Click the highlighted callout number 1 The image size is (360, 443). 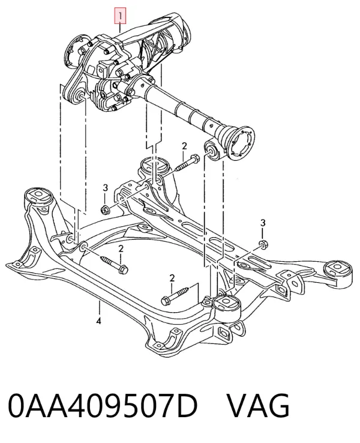coord(120,16)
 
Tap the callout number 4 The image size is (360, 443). coord(98,321)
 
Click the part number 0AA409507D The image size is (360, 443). coord(103,406)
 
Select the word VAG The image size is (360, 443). coord(258,406)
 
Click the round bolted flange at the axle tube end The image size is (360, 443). coord(241,143)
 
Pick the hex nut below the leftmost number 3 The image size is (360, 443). coord(105,209)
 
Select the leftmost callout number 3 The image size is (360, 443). coord(105,188)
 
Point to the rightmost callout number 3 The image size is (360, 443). coord(263,223)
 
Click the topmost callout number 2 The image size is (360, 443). coord(184,146)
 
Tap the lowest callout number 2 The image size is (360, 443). coord(172,279)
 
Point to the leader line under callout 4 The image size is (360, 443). coord(99,309)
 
